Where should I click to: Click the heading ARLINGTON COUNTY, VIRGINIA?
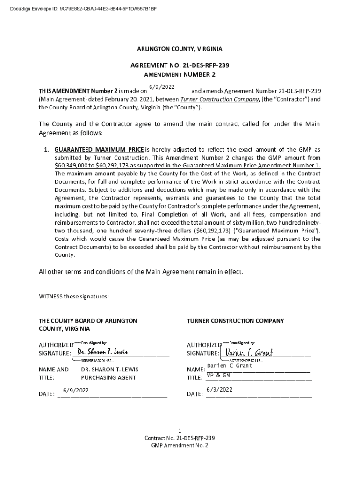pyautogui.click(x=180, y=49)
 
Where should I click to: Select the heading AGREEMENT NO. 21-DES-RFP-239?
pyautogui.click(x=180, y=66)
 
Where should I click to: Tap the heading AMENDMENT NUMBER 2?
pyautogui.click(x=180, y=75)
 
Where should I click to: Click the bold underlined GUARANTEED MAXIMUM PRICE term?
pyautogui.click(x=99, y=150)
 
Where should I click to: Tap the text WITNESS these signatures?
pyautogui.click(x=73, y=297)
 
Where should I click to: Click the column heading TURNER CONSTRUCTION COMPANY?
pyautogui.click(x=235, y=321)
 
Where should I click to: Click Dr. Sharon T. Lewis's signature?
pyautogui.click(x=102, y=352)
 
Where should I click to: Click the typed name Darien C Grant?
pyautogui.click(x=230, y=366)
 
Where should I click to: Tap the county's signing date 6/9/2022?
pyautogui.click(x=72, y=390)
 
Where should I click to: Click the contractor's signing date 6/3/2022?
pyautogui.click(x=219, y=390)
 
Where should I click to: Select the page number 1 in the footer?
pyautogui.click(x=180, y=430)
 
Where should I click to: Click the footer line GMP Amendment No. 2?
pyautogui.click(x=180, y=446)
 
